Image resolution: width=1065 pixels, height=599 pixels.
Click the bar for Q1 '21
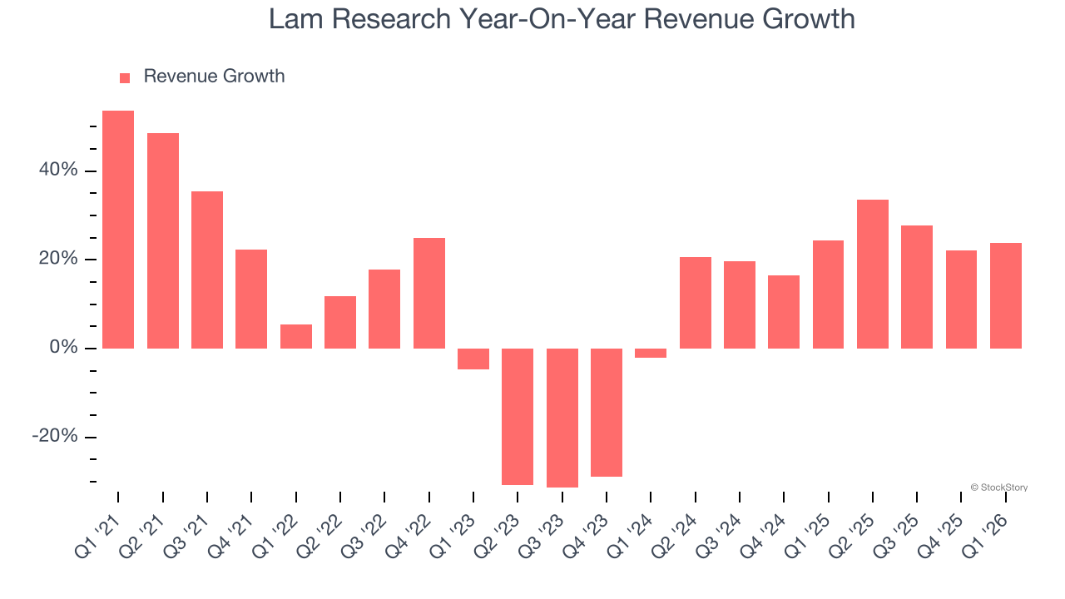coord(118,230)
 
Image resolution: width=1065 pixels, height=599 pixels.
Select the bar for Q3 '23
coord(562,418)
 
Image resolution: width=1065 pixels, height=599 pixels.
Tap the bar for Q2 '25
coord(873,274)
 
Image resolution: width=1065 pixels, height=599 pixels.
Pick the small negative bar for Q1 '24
coord(651,354)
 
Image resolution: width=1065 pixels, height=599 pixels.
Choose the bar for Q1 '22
coord(296,336)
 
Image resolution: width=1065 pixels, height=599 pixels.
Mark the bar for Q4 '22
coord(429,293)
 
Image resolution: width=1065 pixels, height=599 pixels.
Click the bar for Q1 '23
coord(473,359)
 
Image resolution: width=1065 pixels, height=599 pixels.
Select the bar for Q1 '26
coord(1006,295)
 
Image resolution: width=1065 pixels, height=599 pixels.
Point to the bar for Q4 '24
coord(784,312)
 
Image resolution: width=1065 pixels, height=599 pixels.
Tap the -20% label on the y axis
coord(55,437)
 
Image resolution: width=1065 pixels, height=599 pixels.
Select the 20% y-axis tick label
coord(58,259)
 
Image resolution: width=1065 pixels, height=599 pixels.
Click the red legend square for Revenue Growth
coord(125,77)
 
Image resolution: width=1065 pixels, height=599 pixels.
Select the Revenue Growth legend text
coord(214,77)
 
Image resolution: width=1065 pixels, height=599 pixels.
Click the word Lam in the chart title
coord(296,18)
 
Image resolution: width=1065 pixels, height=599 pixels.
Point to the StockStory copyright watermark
coord(998,488)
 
